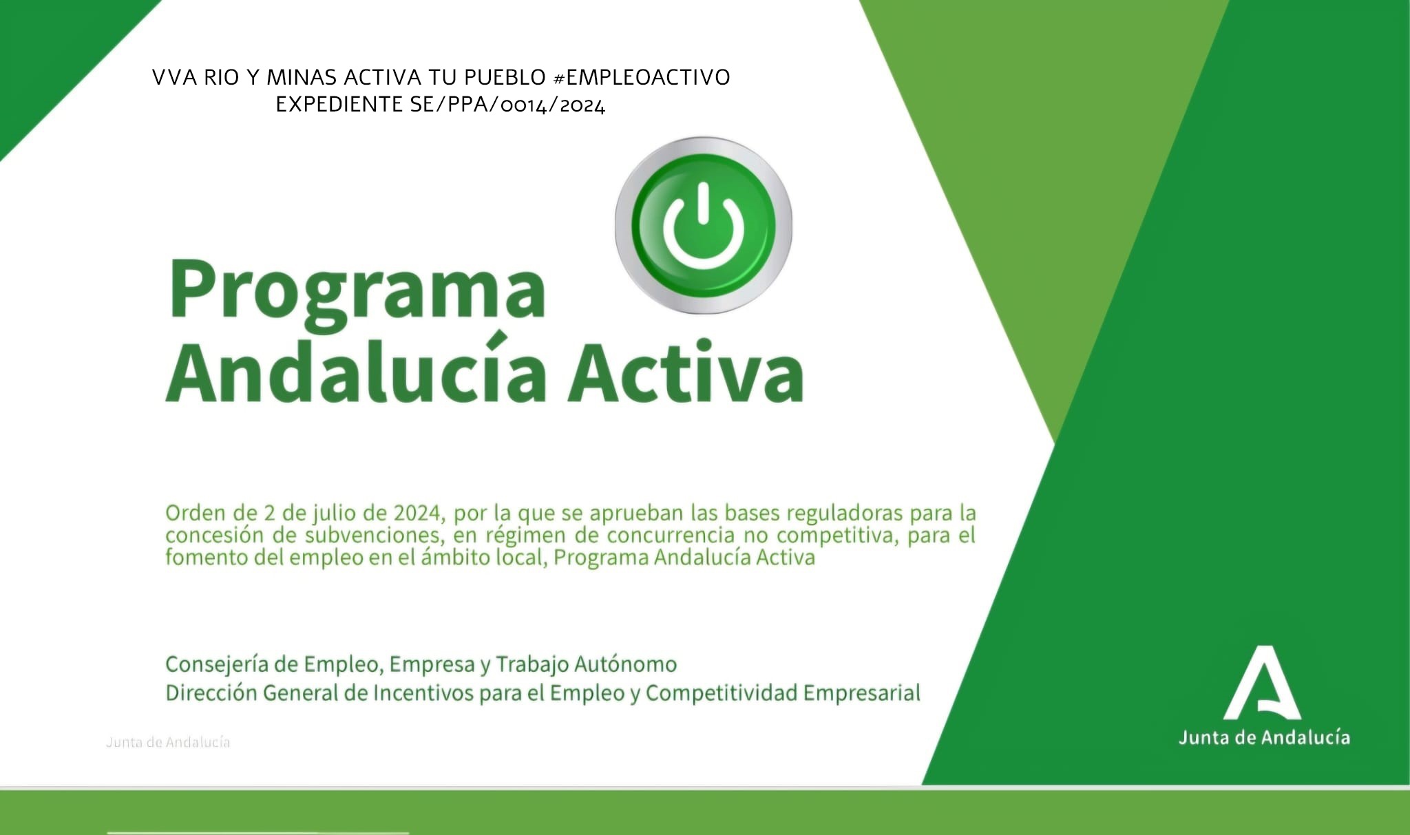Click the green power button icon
703,224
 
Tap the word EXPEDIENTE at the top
339,104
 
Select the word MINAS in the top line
302,77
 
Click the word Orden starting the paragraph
196,513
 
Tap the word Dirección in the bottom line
211,693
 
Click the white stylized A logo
1262,682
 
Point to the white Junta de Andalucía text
1264,737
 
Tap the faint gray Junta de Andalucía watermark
168,742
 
